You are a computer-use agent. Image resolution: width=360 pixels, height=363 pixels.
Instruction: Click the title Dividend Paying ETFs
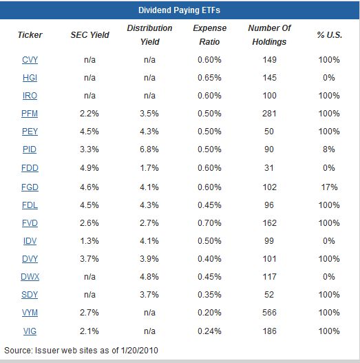[x=179, y=10]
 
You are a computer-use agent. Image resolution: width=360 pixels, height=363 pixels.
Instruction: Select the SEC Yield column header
[x=89, y=35]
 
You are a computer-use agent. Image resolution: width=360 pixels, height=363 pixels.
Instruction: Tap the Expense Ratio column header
[x=210, y=35]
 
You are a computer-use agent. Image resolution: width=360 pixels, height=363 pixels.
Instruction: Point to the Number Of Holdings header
[x=269, y=35]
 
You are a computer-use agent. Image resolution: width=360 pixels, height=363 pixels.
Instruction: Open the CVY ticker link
[x=30, y=60]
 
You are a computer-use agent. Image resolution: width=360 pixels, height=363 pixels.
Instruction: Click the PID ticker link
[x=30, y=149]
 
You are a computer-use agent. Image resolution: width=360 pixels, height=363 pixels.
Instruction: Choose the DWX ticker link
[x=30, y=277]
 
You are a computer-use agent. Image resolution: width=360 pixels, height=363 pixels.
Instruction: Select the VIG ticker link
[x=30, y=331]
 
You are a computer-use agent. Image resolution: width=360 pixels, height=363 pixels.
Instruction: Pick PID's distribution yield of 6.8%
[x=149, y=149]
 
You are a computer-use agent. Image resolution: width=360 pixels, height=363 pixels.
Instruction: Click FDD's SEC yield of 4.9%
[x=89, y=168]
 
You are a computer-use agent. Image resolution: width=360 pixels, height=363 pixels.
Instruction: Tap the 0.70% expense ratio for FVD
[x=209, y=223]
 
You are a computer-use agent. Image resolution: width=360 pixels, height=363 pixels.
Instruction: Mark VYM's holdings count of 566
[x=269, y=313]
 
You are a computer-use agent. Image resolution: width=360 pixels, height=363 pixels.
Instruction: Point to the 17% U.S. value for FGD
[x=329, y=187]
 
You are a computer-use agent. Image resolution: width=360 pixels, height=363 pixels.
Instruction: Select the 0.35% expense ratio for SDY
[x=209, y=295]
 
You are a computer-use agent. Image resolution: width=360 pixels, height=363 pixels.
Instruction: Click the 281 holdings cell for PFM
[x=269, y=114]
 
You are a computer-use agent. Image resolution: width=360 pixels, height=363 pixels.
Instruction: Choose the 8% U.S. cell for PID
[x=329, y=149]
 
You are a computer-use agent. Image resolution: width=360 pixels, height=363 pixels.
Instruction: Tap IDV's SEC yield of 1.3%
[x=89, y=241]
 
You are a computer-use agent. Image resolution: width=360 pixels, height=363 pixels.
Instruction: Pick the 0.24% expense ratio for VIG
[x=209, y=331]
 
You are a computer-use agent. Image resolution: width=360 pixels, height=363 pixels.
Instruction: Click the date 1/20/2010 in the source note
[x=140, y=351]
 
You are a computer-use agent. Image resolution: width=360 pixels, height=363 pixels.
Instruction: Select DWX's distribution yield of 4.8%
[x=149, y=277]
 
